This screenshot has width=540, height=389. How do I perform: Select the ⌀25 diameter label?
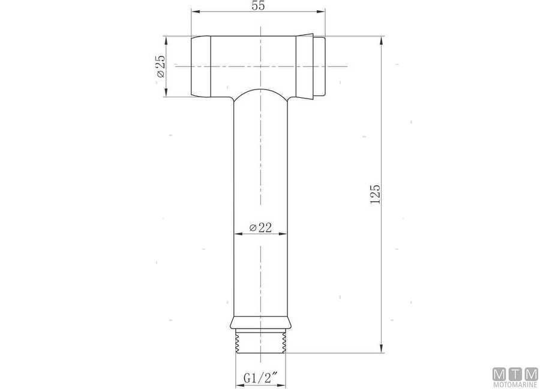click(x=160, y=66)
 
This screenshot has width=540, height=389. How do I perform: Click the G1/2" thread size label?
click(x=260, y=379)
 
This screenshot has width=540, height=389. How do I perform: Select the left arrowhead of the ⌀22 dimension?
click(x=236, y=234)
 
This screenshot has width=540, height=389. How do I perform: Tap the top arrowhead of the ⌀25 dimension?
click(x=166, y=40)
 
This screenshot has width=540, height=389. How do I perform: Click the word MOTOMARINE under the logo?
click(x=515, y=384)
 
